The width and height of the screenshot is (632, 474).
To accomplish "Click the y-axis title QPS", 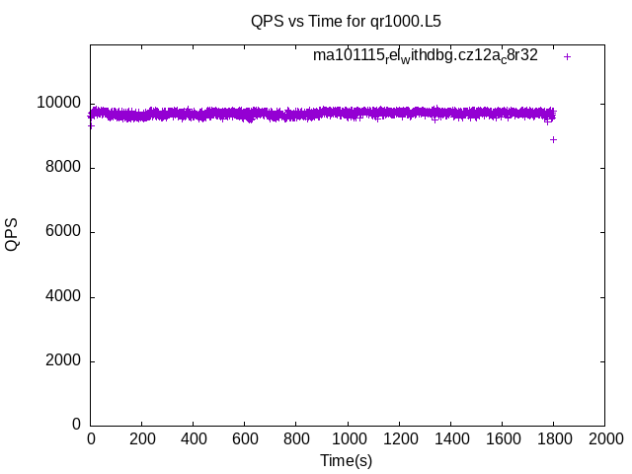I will (12, 235).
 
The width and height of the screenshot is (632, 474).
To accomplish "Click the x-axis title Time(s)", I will (346, 460).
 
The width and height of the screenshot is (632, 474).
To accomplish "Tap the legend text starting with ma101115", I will (426, 55).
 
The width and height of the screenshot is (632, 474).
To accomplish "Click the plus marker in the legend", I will (567, 56).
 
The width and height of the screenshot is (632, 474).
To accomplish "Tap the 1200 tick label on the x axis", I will (399, 437).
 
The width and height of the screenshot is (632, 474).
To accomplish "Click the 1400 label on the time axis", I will (450, 437).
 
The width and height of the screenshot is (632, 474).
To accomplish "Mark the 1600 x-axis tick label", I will (502, 437).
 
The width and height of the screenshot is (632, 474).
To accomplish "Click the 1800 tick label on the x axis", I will (553, 437).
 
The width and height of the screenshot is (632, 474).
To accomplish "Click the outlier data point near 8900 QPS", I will (553, 139).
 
